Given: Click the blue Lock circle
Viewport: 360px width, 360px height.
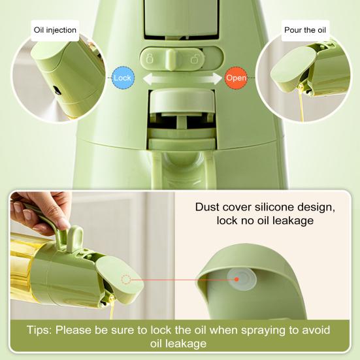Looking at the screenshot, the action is (123, 78).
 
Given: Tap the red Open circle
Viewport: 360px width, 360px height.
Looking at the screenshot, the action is (236, 78).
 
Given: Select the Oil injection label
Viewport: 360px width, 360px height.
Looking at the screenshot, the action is (55, 30).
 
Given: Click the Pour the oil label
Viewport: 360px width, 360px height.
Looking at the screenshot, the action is (305, 30).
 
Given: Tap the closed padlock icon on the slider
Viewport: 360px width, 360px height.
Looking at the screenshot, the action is (150, 59).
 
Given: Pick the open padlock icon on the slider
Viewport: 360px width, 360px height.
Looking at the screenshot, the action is (194, 59).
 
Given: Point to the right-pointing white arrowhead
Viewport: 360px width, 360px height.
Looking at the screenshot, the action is (217, 78).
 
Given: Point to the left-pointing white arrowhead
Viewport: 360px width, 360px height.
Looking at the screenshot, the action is (148, 78).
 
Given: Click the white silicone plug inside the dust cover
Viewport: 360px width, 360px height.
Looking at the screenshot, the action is (242, 280).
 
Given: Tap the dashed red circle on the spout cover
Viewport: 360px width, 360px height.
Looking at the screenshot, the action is (126, 280).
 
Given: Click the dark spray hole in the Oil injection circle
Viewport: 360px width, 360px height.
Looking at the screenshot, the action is (57, 90).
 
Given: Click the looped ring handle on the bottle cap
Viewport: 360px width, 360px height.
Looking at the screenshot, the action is (75, 239).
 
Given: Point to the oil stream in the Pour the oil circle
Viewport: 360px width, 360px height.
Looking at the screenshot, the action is (301, 103).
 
